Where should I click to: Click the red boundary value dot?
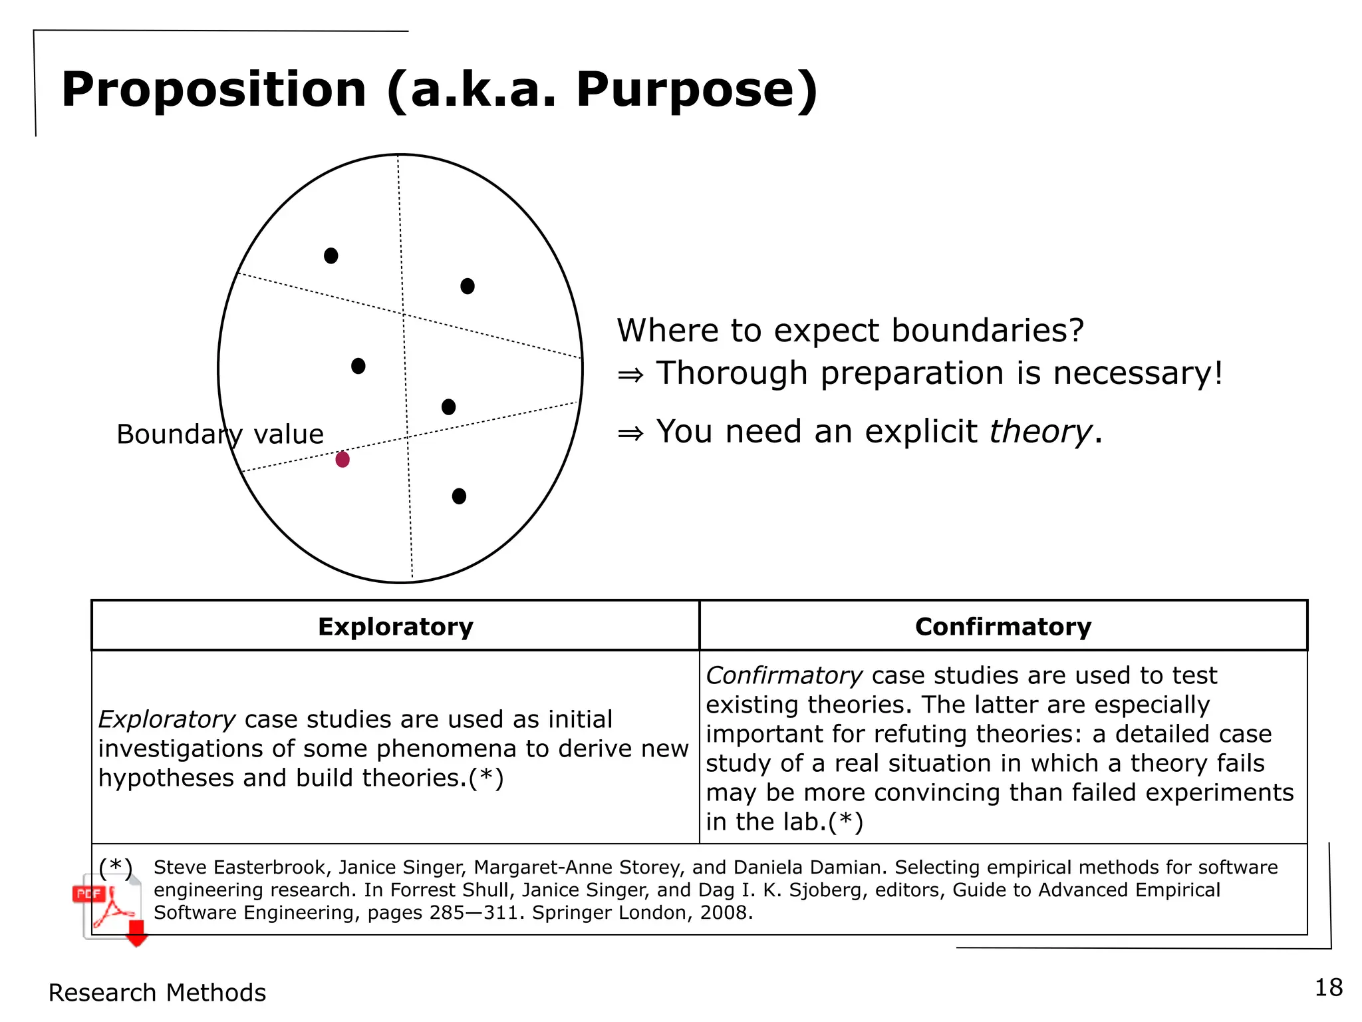click(342, 459)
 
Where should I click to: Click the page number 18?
click(1329, 987)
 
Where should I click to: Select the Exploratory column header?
click(396, 627)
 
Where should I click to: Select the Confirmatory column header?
click(1003, 627)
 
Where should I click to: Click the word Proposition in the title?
click(213, 90)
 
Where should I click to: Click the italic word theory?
click(1040, 431)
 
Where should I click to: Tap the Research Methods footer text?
click(157, 993)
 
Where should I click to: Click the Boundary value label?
click(219, 434)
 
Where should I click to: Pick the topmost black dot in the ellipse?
click(331, 255)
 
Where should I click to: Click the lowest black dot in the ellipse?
click(459, 496)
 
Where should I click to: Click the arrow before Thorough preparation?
click(630, 375)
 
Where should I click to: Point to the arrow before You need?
click(630, 433)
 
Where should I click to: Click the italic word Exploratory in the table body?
click(166, 719)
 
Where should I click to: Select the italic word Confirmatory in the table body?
click(784, 675)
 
